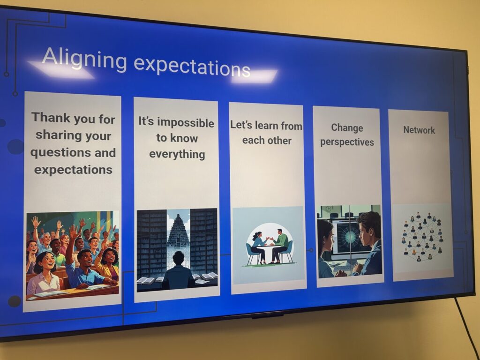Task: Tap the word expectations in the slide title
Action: point(192,66)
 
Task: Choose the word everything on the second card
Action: point(177,154)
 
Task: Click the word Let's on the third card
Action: point(241,125)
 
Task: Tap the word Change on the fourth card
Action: point(347,128)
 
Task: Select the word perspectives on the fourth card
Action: point(347,142)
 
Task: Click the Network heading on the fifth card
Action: point(419,130)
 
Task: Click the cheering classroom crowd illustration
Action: point(73,255)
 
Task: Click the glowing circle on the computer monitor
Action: point(348,236)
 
